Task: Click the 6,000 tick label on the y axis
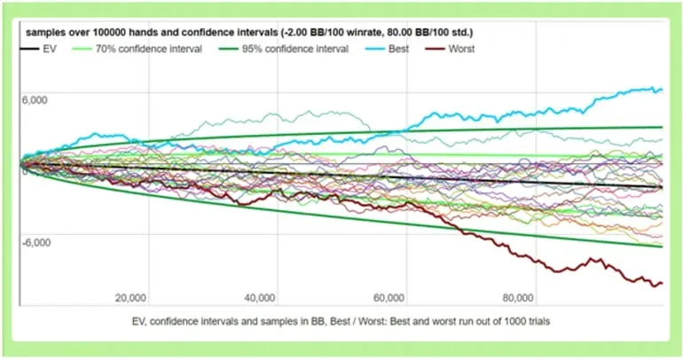(35, 100)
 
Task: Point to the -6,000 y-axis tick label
(37, 241)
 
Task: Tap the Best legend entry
(398, 49)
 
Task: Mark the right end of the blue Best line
(662, 90)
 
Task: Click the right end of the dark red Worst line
(662, 283)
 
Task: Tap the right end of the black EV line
(662, 187)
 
